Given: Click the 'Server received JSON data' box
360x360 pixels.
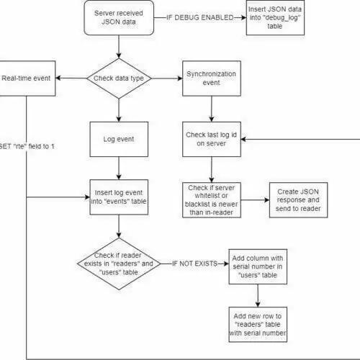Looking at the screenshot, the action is click(x=119, y=18).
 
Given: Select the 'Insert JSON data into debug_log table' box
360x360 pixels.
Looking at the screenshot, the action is click(x=275, y=18).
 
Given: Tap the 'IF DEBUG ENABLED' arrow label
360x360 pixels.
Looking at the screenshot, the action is click(x=200, y=18).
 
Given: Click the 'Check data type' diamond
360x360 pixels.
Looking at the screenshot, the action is click(x=119, y=78).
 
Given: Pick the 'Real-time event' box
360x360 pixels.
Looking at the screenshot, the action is click(x=27, y=78).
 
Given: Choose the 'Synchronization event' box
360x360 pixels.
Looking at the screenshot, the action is click(x=212, y=78).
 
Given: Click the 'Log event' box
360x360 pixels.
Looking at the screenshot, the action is click(x=119, y=139).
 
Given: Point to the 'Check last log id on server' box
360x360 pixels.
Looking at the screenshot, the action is click(x=212, y=139).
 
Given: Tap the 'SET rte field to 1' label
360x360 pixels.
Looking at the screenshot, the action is click(x=27, y=146).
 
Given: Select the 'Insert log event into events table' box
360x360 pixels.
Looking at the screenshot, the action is click(x=119, y=197).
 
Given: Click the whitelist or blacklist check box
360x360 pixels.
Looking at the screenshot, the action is click(x=212, y=200).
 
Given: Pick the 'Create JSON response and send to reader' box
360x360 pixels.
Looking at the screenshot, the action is click(x=298, y=200).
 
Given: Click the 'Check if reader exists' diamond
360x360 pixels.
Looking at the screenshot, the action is click(x=119, y=264).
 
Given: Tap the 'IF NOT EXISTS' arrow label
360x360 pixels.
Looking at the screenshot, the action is click(x=194, y=264).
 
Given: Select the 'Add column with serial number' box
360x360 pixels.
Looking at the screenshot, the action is click(x=258, y=266).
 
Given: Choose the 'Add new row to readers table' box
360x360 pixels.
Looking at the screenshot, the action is click(x=258, y=325).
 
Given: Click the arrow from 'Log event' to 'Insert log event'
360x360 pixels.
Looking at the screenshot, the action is click(x=119, y=168).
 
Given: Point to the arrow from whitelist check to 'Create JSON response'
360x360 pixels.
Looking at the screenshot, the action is click(x=255, y=200).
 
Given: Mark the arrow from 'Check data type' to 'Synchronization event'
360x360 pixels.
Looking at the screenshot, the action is click(x=167, y=78).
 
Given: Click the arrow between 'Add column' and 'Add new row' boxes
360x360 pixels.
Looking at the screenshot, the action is click(x=258, y=296).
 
